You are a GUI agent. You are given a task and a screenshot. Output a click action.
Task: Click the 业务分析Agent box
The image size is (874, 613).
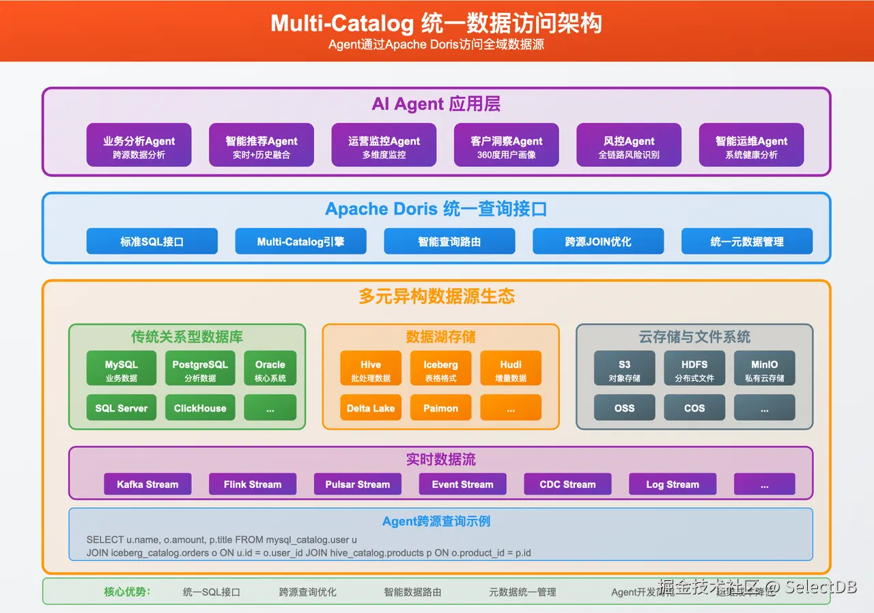click(139, 145)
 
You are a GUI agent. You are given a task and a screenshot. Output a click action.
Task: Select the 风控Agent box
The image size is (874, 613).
click(629, 145)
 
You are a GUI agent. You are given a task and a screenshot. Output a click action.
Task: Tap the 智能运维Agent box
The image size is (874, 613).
click(751, 145)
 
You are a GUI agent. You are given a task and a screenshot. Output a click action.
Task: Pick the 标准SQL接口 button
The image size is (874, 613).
click(152, 242)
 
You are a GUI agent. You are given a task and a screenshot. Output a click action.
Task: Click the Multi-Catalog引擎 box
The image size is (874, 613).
click(300, 242)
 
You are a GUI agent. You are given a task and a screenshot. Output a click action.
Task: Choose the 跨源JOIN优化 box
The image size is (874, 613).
click(598, 242)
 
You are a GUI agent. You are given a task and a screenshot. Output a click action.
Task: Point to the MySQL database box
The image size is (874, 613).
click(122, 369)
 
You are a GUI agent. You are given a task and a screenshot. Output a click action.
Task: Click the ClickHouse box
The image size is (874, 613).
click(200, 408)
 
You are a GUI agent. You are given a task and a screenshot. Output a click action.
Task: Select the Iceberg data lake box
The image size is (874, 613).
click(440, 369)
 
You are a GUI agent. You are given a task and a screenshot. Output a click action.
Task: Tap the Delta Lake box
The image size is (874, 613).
click(371, 408)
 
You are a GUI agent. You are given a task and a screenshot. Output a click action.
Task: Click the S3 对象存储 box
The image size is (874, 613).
click(624, 369)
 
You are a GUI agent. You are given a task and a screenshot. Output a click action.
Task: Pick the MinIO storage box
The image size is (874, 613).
click(764, 369)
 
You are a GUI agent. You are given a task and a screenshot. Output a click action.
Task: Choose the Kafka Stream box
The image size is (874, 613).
click(147, 485)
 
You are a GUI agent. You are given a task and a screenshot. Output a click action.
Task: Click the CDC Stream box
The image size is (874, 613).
click(567, 485)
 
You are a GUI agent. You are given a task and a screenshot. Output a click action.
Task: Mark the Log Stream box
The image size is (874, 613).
click(673, 485)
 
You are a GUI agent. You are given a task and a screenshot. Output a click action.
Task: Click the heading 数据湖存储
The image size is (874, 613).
click(440, 337)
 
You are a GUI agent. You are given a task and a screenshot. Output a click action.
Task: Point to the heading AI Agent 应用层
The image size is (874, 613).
click(436, 104)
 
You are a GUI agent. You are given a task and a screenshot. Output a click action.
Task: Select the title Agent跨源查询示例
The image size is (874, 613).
click(436, 522)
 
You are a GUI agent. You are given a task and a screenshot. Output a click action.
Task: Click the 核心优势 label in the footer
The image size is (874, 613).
click(127, 592)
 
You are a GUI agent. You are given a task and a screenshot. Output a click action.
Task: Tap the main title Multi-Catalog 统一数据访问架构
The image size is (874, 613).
click(436, 23)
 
